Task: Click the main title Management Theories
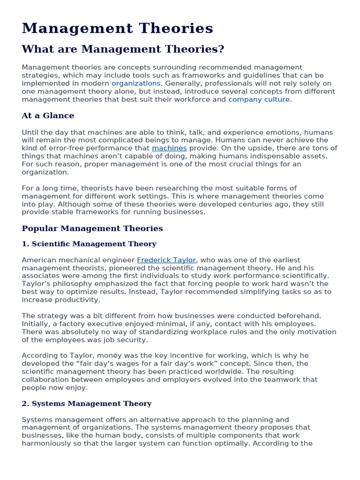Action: click(117, 29)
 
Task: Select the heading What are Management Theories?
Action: click(123, 49)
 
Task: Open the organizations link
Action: click(136, 83)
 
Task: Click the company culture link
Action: click(259, 99)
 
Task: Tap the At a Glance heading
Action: click(48, 116)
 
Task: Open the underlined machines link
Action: click(169, 148)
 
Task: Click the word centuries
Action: click(245, 204)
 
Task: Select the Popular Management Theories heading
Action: click(92, 229)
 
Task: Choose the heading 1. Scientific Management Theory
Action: click(89, 244)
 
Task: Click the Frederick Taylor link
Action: click(166, 260)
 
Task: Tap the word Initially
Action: click(36, 324)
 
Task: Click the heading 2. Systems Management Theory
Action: click(87, 404)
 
